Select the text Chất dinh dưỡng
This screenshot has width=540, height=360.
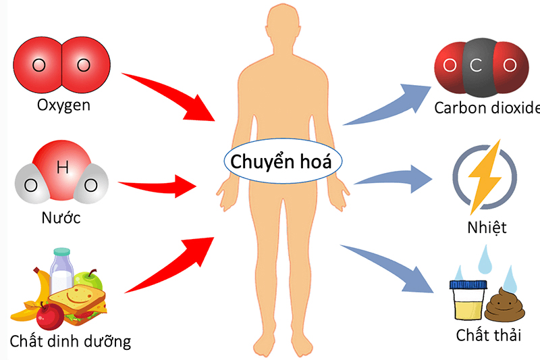pyautogui.click(x=70, y=340)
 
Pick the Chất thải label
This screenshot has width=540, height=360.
pyautogui.click(x=487, y=335)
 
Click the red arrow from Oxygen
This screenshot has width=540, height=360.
pyautogui.click(x=169, y=95)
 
